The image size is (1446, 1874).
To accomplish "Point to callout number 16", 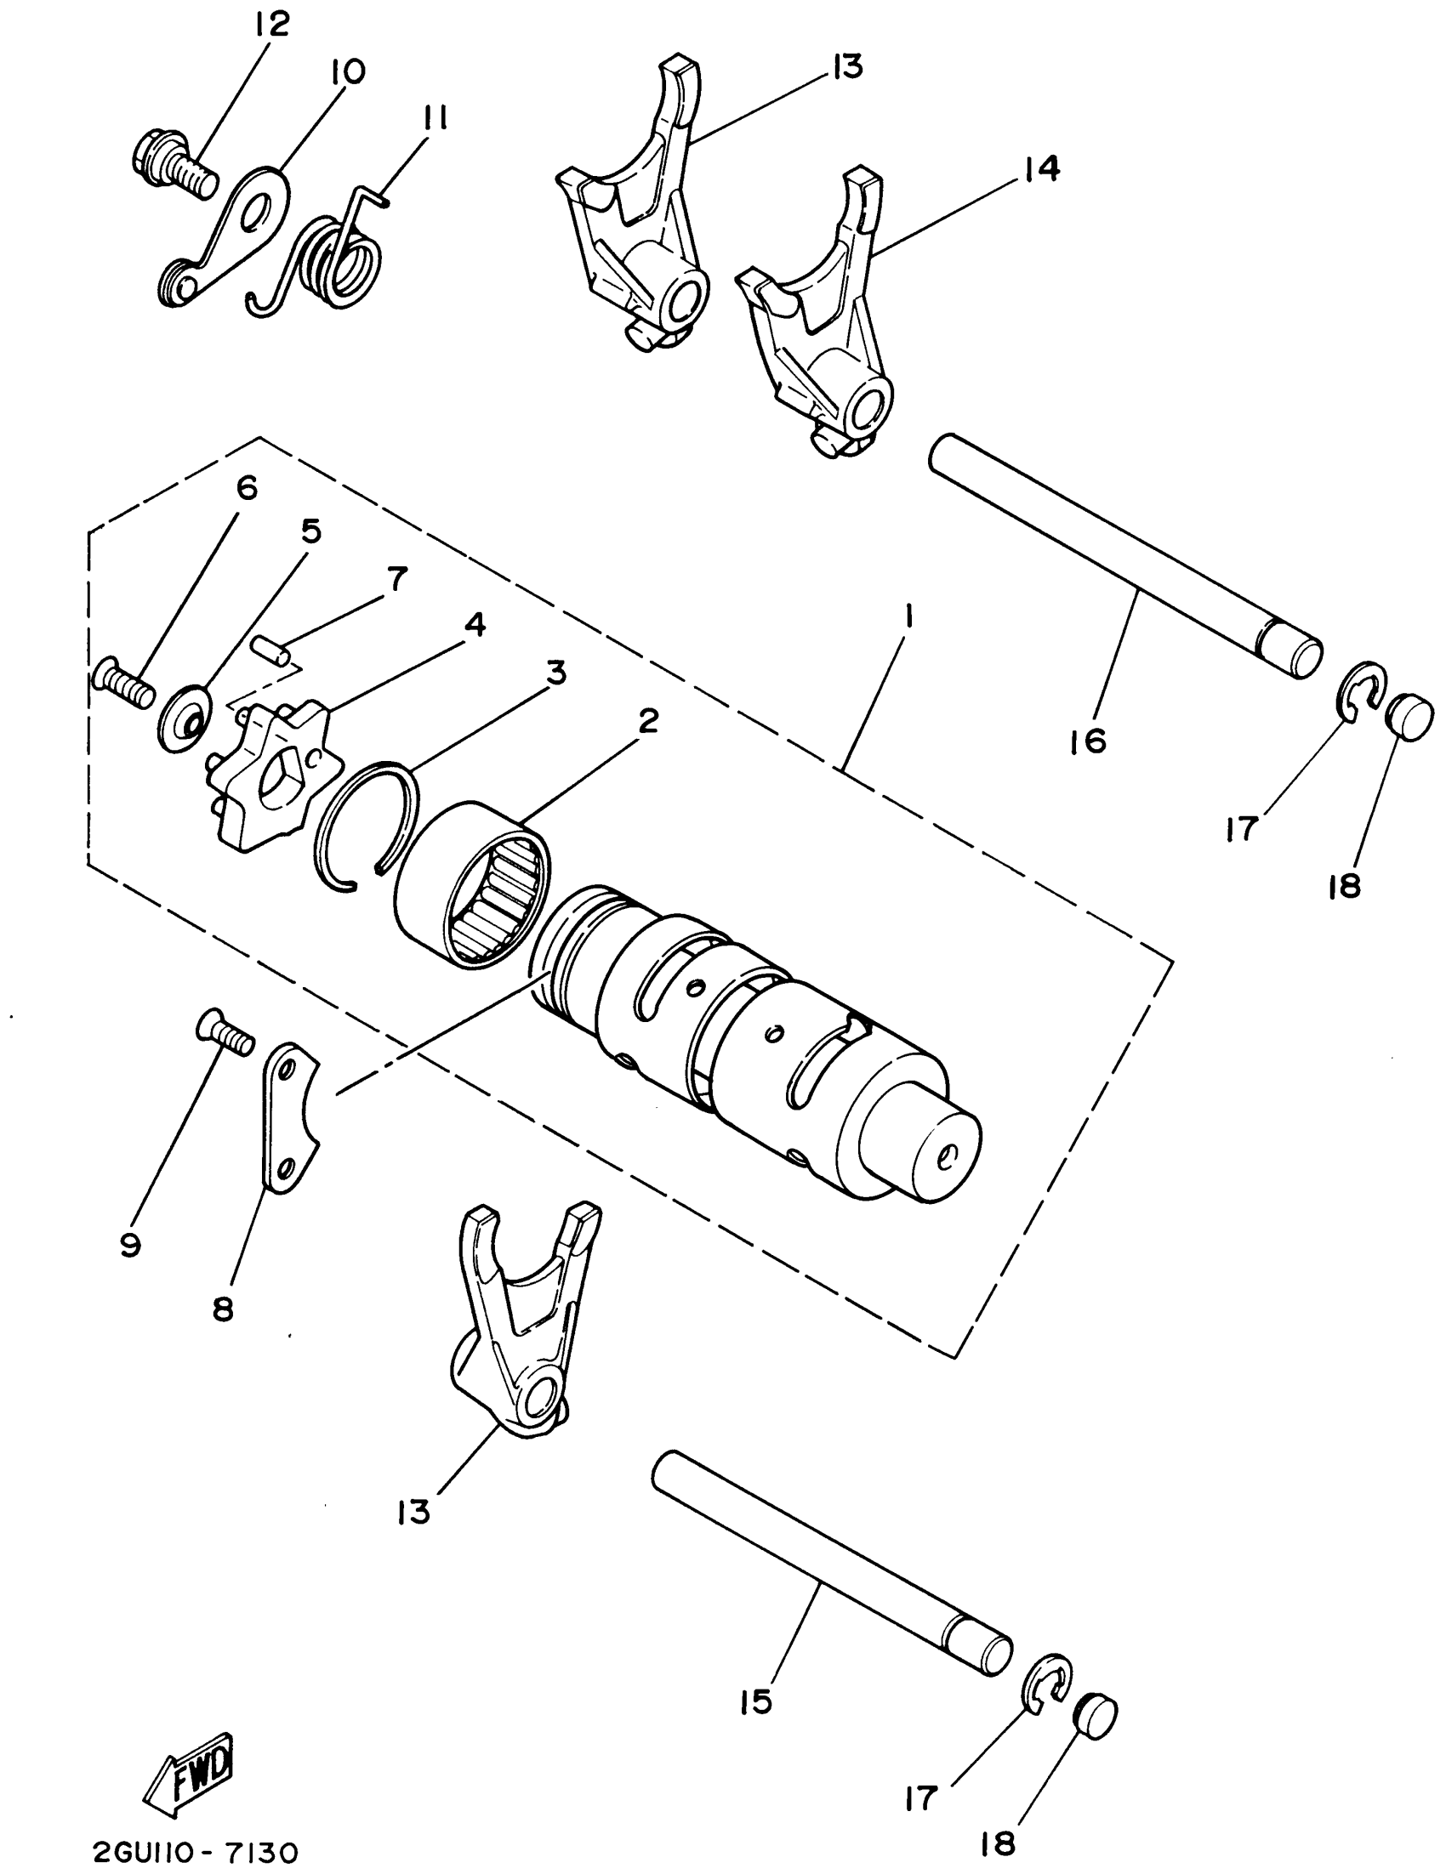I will point(1089,740).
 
